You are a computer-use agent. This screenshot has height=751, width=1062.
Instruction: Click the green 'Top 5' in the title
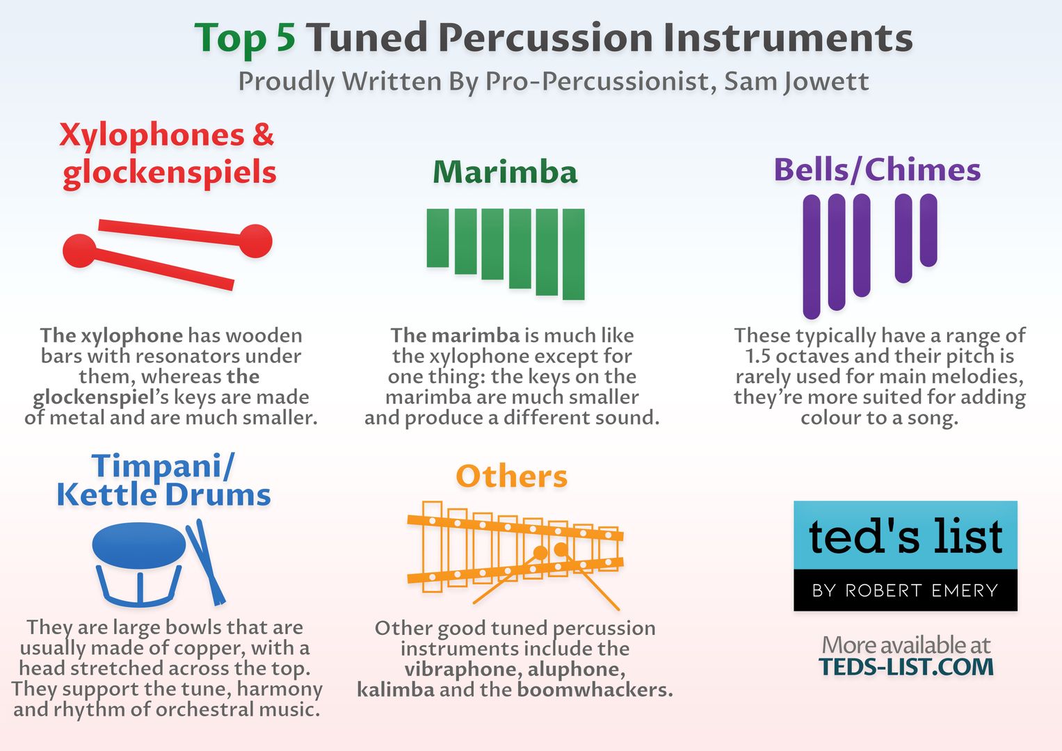coord(245,39)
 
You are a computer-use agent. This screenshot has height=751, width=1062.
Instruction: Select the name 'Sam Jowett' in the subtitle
coord(796,82)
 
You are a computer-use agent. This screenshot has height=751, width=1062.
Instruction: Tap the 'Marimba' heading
coord(505,172)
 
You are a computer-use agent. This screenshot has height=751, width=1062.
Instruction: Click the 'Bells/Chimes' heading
coord(877,170)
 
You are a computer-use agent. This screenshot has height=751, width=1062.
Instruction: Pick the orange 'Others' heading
coord(512,476)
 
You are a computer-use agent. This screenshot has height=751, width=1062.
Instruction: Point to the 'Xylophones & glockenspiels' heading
coord(168,154)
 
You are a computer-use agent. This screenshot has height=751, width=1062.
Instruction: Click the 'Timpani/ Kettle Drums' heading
coord(163,480)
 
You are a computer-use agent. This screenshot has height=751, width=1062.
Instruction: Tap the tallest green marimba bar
coord(574,254)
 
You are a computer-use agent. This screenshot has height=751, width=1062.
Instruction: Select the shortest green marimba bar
coord(437,238)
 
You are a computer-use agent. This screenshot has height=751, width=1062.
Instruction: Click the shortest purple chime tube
coord(928,230)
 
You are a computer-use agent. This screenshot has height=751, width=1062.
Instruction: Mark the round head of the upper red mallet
coord(255,241)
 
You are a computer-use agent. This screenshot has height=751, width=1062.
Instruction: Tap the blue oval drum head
coord(139,546)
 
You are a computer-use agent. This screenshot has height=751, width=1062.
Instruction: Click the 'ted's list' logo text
coord(906,536)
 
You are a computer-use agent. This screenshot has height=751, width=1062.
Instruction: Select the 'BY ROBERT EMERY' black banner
coord(906,590)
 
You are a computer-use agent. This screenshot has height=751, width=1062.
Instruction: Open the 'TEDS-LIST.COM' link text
coord(906,667)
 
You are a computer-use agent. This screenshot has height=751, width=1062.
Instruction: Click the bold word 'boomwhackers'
coord(595,690)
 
